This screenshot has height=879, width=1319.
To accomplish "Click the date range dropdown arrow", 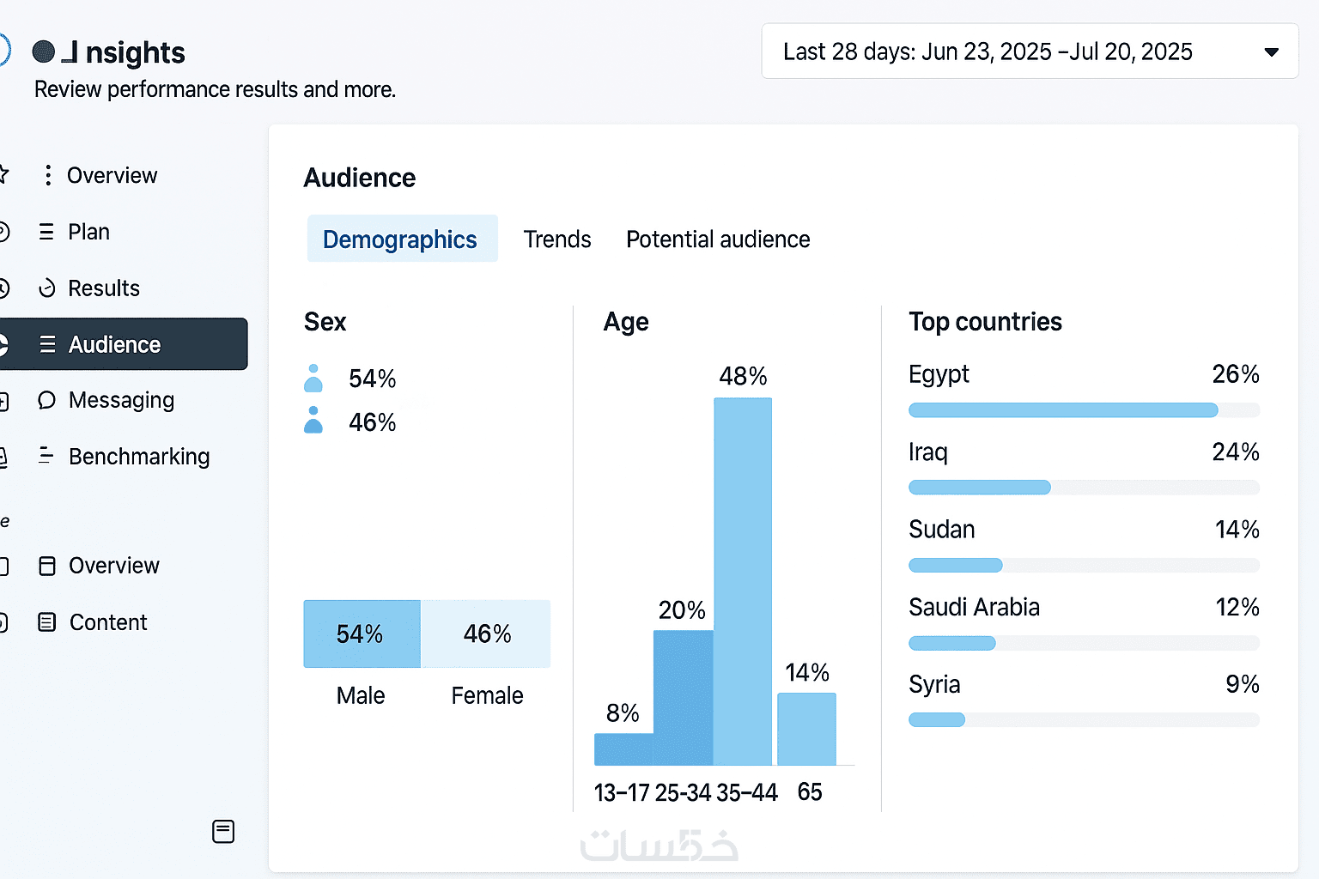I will pyautogui.click(x=1271, y=52).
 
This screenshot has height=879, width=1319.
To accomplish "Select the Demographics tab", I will pyautogui.click(x=401, y=239).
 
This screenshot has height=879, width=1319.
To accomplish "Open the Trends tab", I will pyautogui.click(x=557, y=239).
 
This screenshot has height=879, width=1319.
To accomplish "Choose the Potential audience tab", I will pyautogui.click(x=718, y=239).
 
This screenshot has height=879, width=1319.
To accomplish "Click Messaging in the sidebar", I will pyautogui.click(x=120, y=401).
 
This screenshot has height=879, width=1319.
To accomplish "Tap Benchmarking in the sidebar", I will pyautogui.click(x=138, y=457).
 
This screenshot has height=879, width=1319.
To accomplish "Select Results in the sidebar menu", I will pyautogui.click(x=103, y=288).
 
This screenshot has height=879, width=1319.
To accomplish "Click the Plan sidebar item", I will pyautogui.click(x=88, y=233).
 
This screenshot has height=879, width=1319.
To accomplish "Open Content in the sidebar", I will pyautogui.click(x=107, y=622).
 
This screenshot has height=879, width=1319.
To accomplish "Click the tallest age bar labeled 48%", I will pyautogui.click(x=743, y=580).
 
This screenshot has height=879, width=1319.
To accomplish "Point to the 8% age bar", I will pyautogui.click(x=623, y=749).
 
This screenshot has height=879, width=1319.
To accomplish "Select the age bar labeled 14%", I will pyautogui.click(x=806, y=729).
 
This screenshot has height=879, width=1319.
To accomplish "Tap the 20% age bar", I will pyautogui.click(x=684, y=697).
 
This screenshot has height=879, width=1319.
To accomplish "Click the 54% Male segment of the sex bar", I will pyautogui.click(x=362, y=633).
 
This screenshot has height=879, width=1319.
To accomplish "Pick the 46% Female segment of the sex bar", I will pyautogui.click(x=486, y=633).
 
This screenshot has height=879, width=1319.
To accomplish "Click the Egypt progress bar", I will pyautogui.click(x=1063, y=410).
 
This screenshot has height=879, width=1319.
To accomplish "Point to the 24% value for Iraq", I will pyautogui.click(x=1235, y=452).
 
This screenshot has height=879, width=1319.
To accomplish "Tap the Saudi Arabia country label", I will pyautogui.click(x=974, y=607).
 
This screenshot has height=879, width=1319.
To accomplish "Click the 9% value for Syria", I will pyautogui.click(x=1242, y=684).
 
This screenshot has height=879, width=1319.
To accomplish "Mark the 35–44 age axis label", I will pyautogui.click(x=747, y=792).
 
